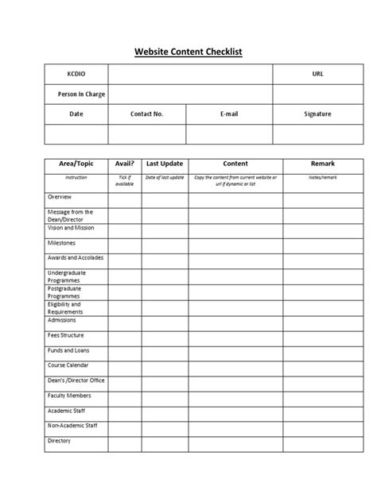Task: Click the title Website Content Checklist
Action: [x=188, y=52]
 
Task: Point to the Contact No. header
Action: [x=146, y=114]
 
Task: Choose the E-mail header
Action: [x=229, y=114]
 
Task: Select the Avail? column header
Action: [x=124, y=164]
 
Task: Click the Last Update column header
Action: [x=165, y=164]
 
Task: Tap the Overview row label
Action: [x=60, y=196]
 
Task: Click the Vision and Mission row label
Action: [x=71, y=228]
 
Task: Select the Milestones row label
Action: [x=61, y=243]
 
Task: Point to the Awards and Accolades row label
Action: [x=75, y=258]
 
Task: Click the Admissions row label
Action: [x=63, y=320]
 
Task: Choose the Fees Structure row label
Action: [x=66, y=335]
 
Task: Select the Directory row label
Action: [x=60, y=441]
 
